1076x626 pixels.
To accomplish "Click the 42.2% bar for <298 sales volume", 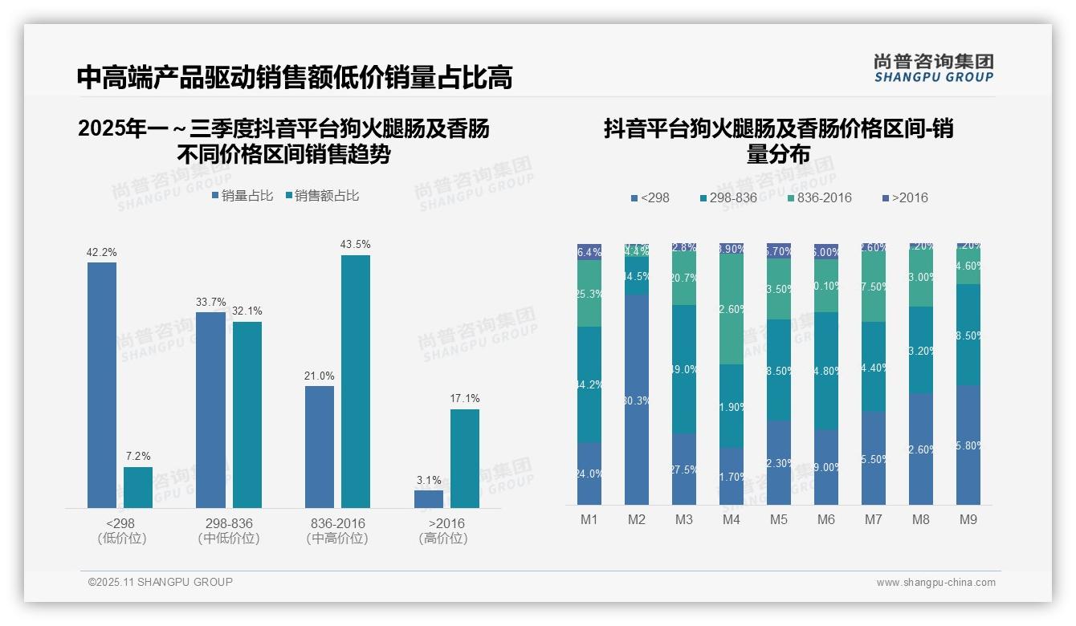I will tap(102, 385).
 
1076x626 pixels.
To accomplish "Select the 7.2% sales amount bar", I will tap(138, 487).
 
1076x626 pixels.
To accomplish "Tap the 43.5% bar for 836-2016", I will tap(356, 381).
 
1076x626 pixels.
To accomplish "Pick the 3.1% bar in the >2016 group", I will tap(429, 499).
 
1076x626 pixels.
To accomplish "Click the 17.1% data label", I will tap(465, 399).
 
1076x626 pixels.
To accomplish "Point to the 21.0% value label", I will tap(320, 376).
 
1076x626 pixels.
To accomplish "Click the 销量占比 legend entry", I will tap(243, 196).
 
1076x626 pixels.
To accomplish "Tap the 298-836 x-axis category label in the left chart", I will tap(229, 523).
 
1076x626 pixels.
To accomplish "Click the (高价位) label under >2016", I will tap(443, 539).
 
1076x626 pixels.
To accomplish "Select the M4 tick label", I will tap(731, 520).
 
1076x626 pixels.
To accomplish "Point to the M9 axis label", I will tap(968, 520).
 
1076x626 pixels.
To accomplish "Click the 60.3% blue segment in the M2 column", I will tap(637, 399).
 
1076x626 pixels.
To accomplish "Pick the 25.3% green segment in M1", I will tap(589, 294).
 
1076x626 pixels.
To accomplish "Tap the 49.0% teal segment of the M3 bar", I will tap(684, 369).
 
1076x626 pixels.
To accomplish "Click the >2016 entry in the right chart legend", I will tap(905, 198).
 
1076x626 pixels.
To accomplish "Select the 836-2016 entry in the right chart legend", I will tap(819, 198).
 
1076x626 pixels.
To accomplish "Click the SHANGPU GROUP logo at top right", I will tap(933, 68).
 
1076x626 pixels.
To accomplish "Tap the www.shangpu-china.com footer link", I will tap(935, 583).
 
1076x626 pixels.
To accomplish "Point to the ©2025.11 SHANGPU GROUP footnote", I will tap(161, 582).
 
